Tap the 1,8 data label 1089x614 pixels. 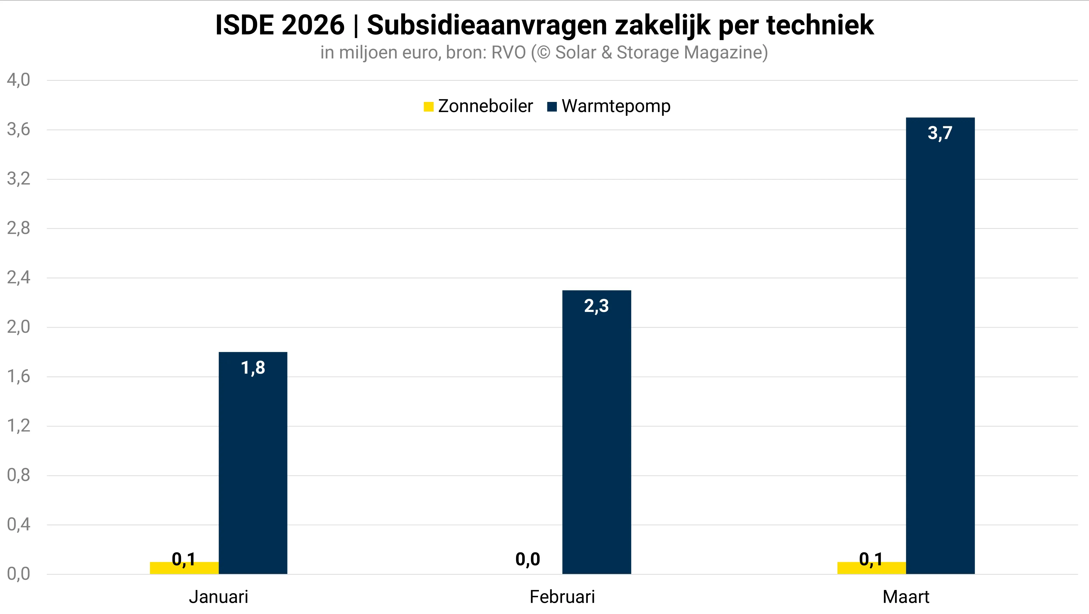(x=253, y=368)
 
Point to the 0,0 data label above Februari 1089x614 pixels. (x=528, y=559)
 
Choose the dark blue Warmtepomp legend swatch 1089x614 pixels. (x=552, y=107)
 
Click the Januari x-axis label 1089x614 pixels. (x=218, y=597)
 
